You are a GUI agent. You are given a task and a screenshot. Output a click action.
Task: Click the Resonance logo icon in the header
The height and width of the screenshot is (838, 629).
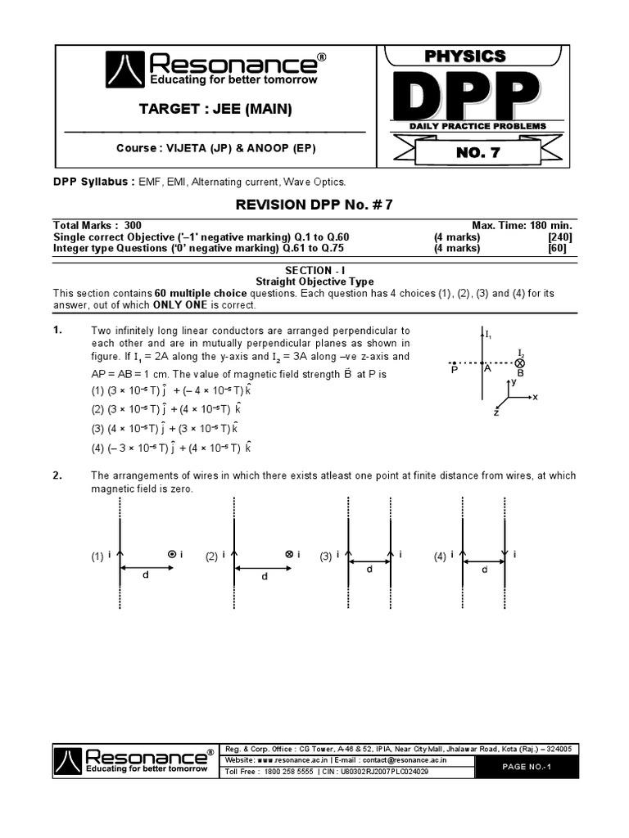125,70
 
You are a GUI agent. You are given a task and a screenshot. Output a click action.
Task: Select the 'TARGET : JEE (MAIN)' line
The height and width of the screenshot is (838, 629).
215,109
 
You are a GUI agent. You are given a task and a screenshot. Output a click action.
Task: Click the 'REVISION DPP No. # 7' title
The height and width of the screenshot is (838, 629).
314,205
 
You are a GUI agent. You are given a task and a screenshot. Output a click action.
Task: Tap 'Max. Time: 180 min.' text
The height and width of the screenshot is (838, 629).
522,225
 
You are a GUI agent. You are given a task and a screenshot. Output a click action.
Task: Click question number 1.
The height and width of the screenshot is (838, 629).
58,331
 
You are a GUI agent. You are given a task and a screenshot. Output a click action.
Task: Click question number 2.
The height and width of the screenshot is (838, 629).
58,475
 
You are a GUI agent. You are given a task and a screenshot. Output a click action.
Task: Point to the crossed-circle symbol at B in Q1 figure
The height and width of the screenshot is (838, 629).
519,363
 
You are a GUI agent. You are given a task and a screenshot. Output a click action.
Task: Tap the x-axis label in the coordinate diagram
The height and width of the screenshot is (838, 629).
535,397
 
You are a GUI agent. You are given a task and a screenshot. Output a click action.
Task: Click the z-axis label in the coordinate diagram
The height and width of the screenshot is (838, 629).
496,414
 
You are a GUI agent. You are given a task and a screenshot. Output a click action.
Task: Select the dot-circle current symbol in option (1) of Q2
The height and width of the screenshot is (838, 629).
171,555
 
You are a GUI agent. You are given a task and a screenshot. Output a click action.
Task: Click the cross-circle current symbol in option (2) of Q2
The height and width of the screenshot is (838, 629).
288,555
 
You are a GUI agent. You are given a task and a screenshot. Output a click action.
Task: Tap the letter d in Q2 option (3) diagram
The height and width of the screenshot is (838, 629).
369,569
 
